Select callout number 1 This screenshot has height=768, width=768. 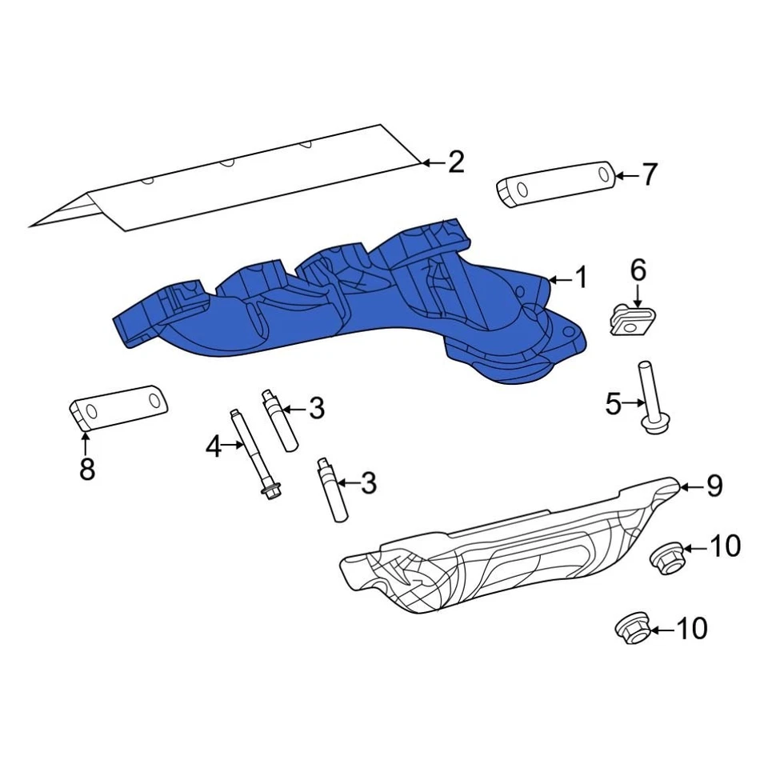click(x=582, y=278)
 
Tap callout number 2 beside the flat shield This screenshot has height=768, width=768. click(x=456, y=163)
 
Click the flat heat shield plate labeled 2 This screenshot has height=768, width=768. click(x=240, y=180)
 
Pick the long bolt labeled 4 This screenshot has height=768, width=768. click(x=254, y=456)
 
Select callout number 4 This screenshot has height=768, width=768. click(x=213, y=446)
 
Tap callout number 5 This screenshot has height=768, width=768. click(x=613, y=405)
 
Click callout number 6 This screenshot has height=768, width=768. click(x=638, y=270)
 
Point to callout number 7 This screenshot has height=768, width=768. click(x=649, y=174)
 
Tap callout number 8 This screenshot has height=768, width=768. click(x=87, y=470)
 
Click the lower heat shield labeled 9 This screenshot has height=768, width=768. click(x=496, y=552)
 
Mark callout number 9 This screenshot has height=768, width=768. click(x=714, y=486)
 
